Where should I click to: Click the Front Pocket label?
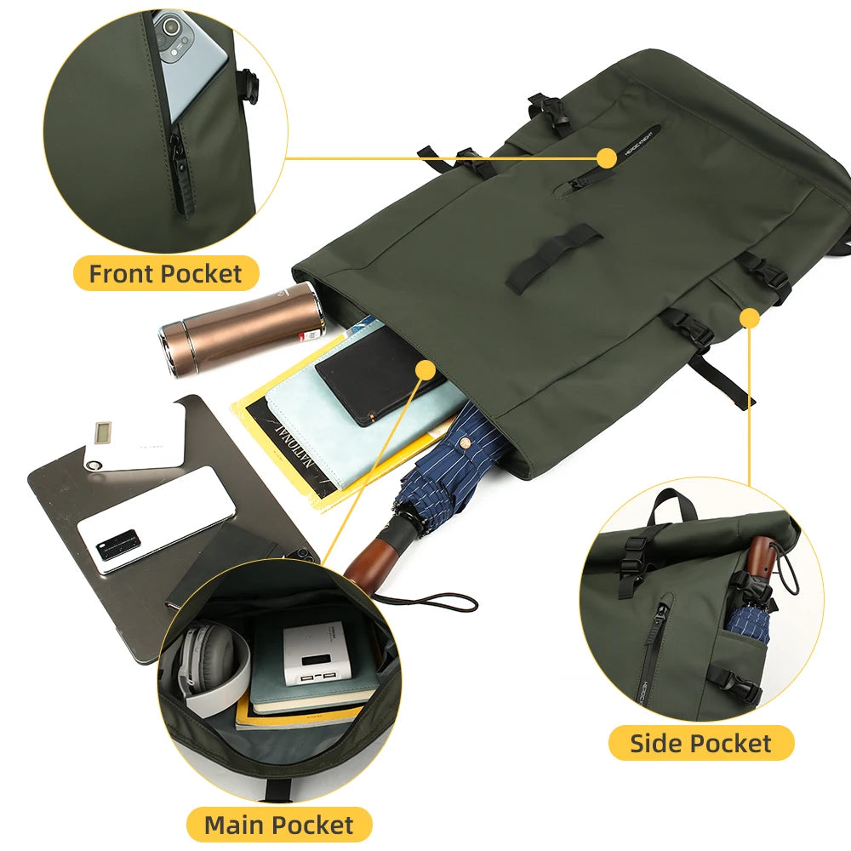[x=166, y=274]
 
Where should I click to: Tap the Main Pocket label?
[x=278, y=824]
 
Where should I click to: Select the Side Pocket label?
[x=700, y=743]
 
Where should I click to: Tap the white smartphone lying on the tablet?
[x=155, y=520]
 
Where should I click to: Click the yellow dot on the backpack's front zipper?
[x=606, y=157]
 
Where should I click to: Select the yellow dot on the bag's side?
[x=749, y=318]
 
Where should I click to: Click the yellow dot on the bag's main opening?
[x=425, y=368]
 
